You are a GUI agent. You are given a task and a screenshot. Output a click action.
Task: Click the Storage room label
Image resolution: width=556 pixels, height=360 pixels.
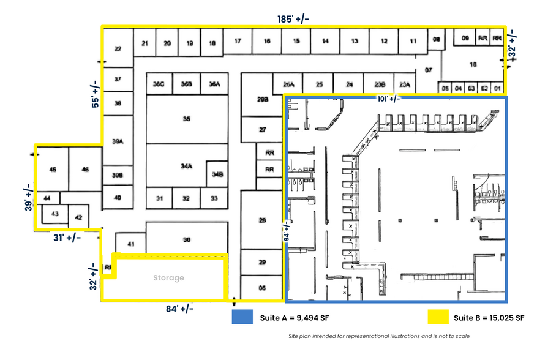pyautogui.click(x=168, y=278)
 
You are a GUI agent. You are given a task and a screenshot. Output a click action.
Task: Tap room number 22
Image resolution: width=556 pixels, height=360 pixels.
pyautogui.click(x=118, y=49)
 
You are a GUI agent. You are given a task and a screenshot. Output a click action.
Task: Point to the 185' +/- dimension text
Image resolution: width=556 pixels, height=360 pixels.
pyautogui.click(x=293, y=19)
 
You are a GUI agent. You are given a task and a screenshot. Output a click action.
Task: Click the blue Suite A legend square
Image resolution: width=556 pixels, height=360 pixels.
pyautogui.click(x=242, y=318)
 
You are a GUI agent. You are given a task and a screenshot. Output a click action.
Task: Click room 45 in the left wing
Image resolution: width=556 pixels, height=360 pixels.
pyautogui.click(x=53, y=169)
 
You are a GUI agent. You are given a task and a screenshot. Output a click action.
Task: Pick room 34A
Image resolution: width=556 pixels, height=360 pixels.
pyautogui.click(x=186, y=166)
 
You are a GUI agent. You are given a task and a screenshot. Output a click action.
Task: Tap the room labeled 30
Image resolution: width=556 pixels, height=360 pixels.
pyautogui.click(x=187, y=240)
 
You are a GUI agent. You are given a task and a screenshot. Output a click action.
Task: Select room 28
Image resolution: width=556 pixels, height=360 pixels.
pyautogui.click(x=263, y=220)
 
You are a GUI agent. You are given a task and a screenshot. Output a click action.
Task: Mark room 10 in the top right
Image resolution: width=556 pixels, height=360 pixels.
pyautogui.click(x=473, y=64)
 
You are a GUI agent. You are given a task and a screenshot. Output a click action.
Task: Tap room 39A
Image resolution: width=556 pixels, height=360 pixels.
pyautogui.click(x=118, y=141)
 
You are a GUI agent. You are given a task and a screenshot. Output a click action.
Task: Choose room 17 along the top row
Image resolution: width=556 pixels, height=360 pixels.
pyautogui.click(x=237, y=42)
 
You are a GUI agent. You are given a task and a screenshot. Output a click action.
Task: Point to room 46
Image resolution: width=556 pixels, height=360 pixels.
pyautogui.click(x=85, y=169)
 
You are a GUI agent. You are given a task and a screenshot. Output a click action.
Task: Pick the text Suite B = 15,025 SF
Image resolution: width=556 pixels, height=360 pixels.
pyautogui.click(x=489, y=318)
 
